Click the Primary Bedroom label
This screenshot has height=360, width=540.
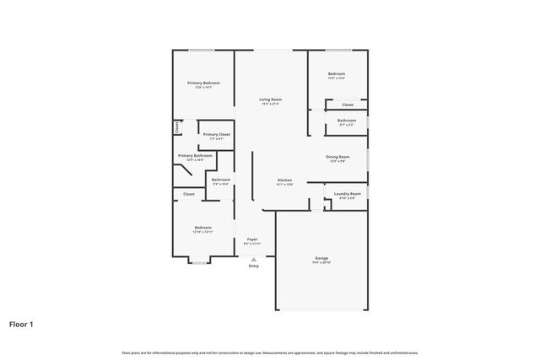[x=203, y=83]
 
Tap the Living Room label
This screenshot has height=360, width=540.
[x=270, y=99]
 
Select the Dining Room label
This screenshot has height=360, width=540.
[x=337, y=157]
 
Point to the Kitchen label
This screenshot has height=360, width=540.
[x=285, y=180]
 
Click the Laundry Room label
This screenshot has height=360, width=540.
[x=347, y=194]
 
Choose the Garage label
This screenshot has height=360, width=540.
[x=321, y=258]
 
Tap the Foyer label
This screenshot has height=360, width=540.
[x=252, y=239]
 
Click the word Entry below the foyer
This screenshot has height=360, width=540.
[x=253, y=266]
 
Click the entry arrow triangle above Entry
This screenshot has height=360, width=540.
[x=253, y=258]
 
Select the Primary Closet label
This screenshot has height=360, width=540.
[x=217, y=134]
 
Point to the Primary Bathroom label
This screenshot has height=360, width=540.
[x=195, y=156]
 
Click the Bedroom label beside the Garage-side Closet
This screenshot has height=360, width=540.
[x=337, y=74]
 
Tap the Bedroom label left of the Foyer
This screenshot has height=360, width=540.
[x=202, y=228]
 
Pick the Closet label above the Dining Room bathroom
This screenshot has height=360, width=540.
[x=347, y=105]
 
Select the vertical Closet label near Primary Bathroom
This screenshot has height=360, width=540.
[x=177, y=128]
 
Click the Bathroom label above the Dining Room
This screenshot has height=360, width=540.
[x=347, y=121]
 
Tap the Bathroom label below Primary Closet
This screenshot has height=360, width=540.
[x=221, y=180]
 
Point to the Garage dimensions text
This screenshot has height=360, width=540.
[x=321, y=263]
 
